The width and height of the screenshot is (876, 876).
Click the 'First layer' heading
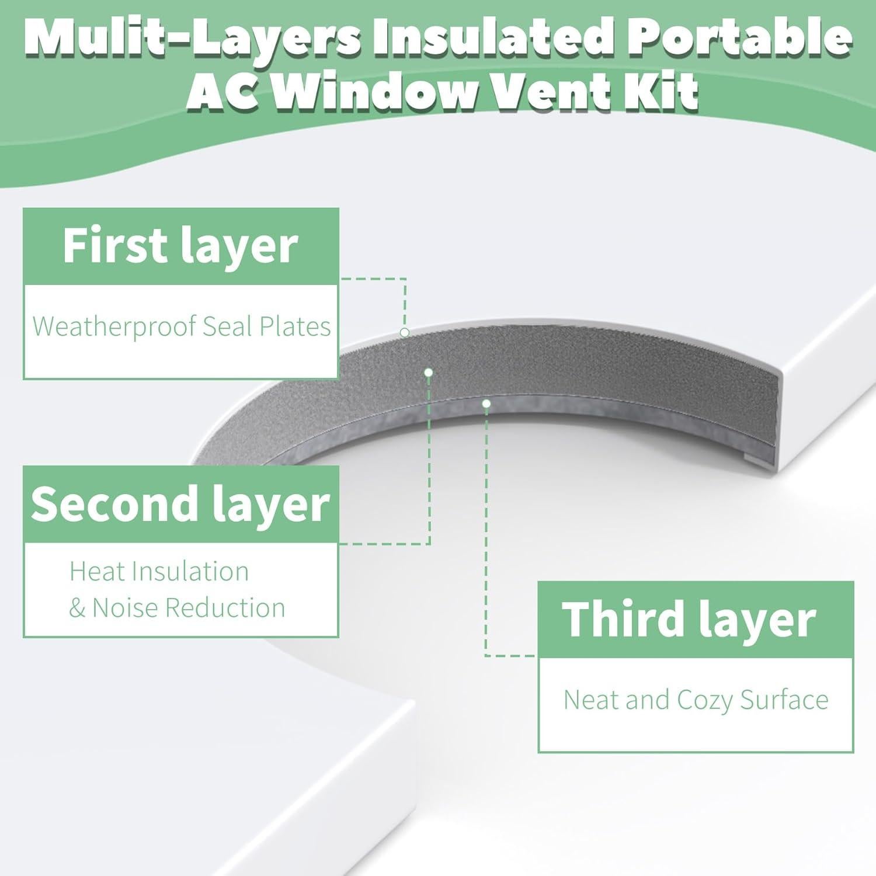tap(180, 246)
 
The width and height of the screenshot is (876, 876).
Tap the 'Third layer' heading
tap(689, 620)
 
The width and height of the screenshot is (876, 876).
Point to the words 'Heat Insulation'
tap(159, 571)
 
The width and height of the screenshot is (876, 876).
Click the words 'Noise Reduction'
tap(189, 608)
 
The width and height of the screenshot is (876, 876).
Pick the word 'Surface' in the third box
tap(784, 700)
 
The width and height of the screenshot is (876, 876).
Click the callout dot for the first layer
tap(404, 332)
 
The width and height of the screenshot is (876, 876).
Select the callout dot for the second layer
tap(429, 372)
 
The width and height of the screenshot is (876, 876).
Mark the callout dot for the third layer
tap(486, 403)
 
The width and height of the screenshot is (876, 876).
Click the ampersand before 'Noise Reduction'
tap(77, 608)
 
